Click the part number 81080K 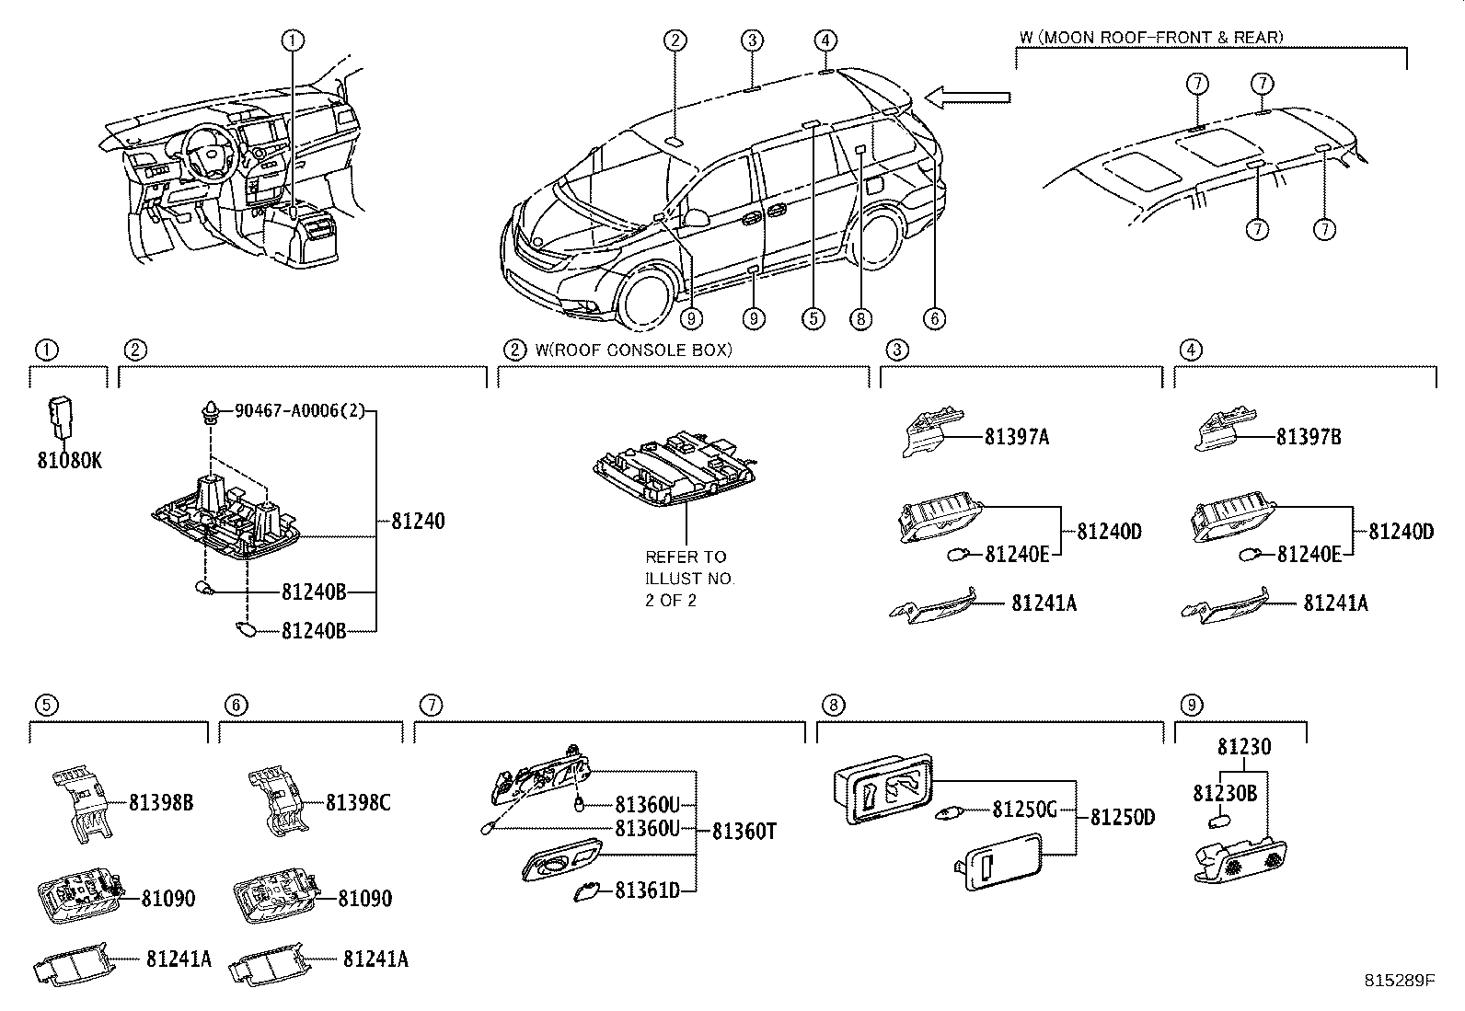pyautogui.click(x=69, y=461)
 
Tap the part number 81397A pyautogui.click(x=1016, y=437)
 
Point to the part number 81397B pyautogui.click(x=1308, y=437)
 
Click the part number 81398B pyautogui.click(x=160, y=803)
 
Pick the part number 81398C pyautogui.click(x=358, y=803)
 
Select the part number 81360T pyautogui.click(x=744, y=833)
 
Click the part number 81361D pyautogui.click(x=647, y=890)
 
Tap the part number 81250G pyautogui.click(x=1023, y=810)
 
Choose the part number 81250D pyautogui.click(x=1122, y=818)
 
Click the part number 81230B pyautogui.click(x=1225, y=793)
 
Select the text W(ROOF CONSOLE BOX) pyautogui.click(x=633, y=350)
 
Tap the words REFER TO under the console pyautogui.click(x=686, y=557)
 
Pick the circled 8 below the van pyautogui.click(x=859, y=319)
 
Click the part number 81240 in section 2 pyautogui.click(x=417, y=522)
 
